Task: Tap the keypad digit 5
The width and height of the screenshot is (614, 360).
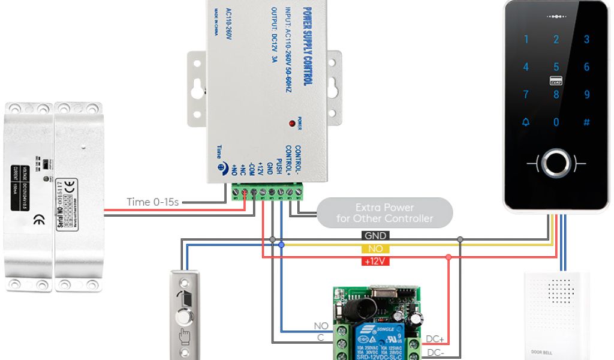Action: [556, 67]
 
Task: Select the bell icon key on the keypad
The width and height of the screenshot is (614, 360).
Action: [526, 122]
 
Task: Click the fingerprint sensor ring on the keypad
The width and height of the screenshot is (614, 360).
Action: [556, 163]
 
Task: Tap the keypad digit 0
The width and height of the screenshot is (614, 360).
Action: [556, 122]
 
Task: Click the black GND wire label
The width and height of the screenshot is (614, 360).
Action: [376, 236]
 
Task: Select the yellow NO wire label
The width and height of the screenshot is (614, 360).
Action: [376, 248]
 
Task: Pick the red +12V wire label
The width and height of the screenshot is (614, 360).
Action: [376, 261]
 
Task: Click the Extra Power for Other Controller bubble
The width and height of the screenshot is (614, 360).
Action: [384, 213]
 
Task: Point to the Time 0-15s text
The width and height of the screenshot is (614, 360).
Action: [153, 202]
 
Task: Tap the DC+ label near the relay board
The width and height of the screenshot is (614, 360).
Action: [435, 339]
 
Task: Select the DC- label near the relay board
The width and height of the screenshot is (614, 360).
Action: [435, 352]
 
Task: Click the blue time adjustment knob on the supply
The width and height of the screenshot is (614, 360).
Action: [223, 169]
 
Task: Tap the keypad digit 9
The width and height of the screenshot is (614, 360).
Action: [587, 95]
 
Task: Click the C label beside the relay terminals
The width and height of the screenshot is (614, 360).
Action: [321, 338]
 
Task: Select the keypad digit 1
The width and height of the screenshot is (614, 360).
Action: [526, 40]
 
